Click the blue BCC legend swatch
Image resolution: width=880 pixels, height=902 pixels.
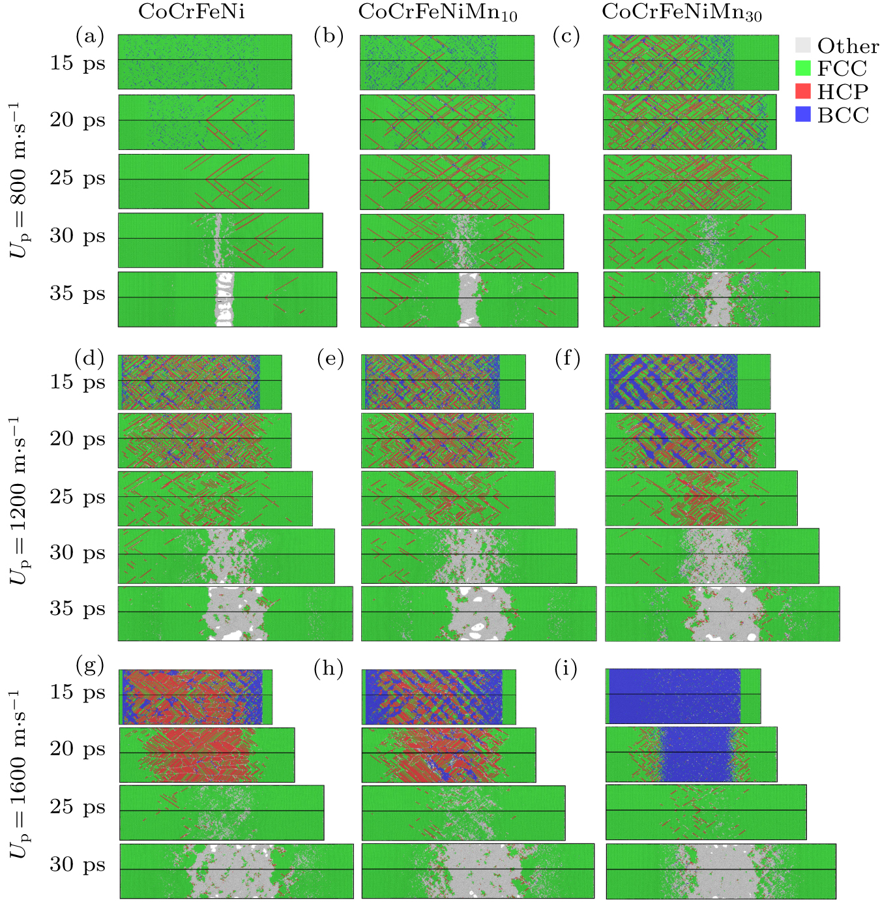[803, 115]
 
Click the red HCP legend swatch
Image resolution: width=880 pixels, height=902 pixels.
[803, 91]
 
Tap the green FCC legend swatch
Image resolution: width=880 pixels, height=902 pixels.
[803, 68]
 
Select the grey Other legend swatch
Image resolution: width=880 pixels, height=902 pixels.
[803, 45]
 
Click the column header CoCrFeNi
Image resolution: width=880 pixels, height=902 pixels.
[192, 12]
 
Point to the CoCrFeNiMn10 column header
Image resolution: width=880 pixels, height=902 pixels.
[437, 12]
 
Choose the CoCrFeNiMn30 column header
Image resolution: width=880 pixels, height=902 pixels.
[681, 12]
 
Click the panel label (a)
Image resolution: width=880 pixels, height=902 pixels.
[90, 36]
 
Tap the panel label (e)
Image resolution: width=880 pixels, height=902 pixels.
[330, 359]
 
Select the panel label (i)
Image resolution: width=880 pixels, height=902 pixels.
[566, 669]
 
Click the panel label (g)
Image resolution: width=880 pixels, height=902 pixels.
[90, 666]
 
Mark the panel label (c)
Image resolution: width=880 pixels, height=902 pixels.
[566, 36]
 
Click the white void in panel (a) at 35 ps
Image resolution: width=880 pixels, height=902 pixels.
[224, 299]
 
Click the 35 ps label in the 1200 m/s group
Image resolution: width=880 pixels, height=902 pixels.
[77, 609]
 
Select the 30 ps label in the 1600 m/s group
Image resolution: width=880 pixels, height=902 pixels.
[77, 864]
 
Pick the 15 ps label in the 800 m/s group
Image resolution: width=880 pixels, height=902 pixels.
[77, 63]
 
